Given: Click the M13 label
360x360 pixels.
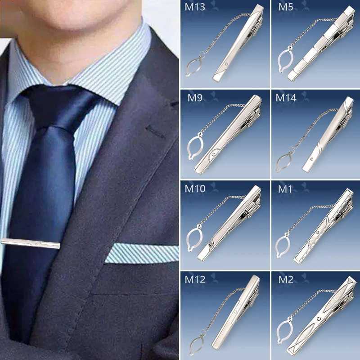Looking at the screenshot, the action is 195,7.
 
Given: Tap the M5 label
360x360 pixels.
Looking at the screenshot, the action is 286,7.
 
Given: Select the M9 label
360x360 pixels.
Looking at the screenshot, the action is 195,98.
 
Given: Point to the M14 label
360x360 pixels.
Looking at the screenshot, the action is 286,98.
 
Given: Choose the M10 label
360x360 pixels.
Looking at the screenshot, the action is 195,189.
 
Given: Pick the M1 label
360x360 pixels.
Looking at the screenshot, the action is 285,189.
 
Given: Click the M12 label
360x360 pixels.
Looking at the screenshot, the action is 195,279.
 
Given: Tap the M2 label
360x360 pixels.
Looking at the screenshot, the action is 286,279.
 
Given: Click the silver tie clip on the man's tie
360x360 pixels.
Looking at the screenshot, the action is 30,243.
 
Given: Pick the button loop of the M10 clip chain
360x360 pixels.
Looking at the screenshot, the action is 188,239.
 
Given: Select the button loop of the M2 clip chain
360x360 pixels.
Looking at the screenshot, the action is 278,331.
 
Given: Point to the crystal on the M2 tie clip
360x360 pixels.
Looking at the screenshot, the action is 319,319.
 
